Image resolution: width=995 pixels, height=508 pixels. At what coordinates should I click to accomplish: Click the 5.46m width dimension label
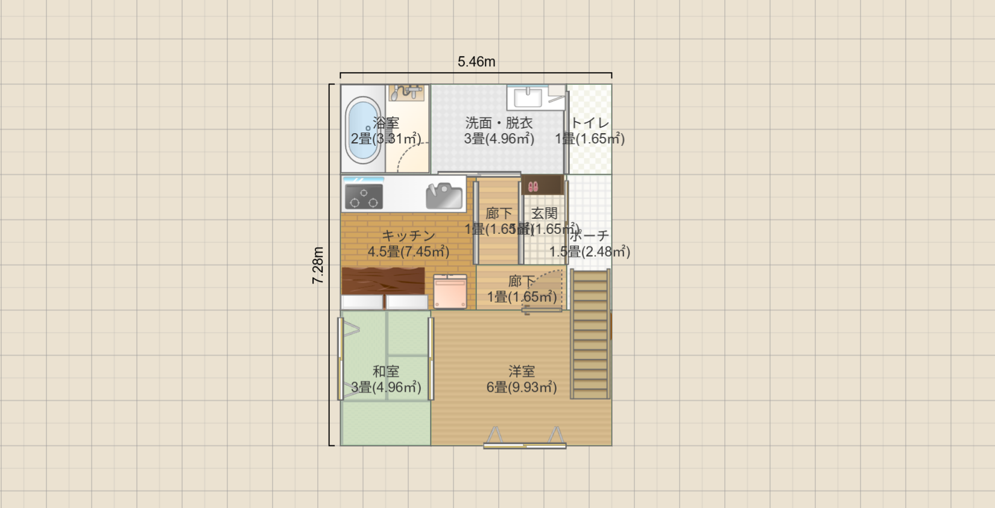pyautogui.click(x=476, y=61)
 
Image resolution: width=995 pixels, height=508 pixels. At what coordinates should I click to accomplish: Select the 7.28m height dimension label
pyautogui.click(x=318, y=265)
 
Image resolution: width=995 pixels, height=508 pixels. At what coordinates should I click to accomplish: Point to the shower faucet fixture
pyautogui.click(x=407, y=92)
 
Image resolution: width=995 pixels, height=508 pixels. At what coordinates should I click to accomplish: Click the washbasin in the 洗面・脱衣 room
pyautogui.click(x=528, y=96)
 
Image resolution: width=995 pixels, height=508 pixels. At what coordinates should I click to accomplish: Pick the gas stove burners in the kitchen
pyautogui.click(x=364, y=196)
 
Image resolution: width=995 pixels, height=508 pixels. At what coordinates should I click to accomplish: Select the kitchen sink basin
pyautogui.click(x=444, y=196)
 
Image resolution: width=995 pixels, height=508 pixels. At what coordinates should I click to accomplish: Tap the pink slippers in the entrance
pyautogui.click(x=533, y=187)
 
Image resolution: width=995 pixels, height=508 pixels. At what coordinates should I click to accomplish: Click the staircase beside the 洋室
pyautogui.click(x=590, y=334)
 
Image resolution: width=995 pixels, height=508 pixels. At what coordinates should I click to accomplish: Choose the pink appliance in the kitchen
pyautogui.click(x=450, y=292)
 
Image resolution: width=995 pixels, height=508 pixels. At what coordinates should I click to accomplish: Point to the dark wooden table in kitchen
pyautogui.click(x=383, y=281)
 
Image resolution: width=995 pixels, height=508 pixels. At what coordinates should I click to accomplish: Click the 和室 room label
pyautogui.click(x=386, y=372)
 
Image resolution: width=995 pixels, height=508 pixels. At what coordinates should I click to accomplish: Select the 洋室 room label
pyautogui.click(x=522, y=372)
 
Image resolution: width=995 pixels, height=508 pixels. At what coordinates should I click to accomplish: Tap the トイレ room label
pyautogui.click(x=590, y=123)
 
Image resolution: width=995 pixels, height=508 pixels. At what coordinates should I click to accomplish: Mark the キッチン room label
pyautogui.click(x=409, y=236)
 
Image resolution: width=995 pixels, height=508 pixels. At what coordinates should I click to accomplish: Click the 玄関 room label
pyautogui.click(x=544, y=213)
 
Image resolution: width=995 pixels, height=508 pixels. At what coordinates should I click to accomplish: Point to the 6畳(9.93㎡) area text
pyautogui.click(x=522, y=387)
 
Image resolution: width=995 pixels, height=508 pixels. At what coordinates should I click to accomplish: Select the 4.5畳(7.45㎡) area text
pyautogui.click(x=409, y=251)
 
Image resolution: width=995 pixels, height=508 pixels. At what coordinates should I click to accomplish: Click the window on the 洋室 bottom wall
pyautogui.click(x=525, y=446)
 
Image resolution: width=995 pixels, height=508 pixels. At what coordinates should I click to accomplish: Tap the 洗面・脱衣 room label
pyautogui.click(x=499, y=123)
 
